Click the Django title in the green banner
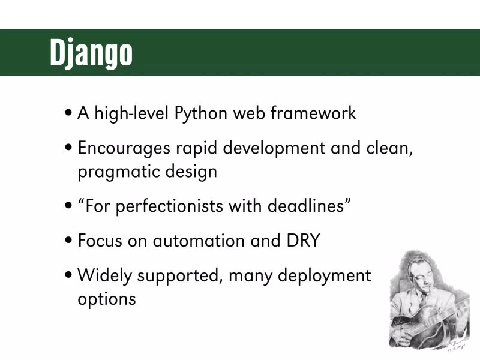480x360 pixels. pyautogui.click(x=91, y=53)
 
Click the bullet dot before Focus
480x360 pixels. pyautogui.click(x=70, y=240)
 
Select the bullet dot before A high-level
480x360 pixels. pyautogui.click(x=70, y=112)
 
